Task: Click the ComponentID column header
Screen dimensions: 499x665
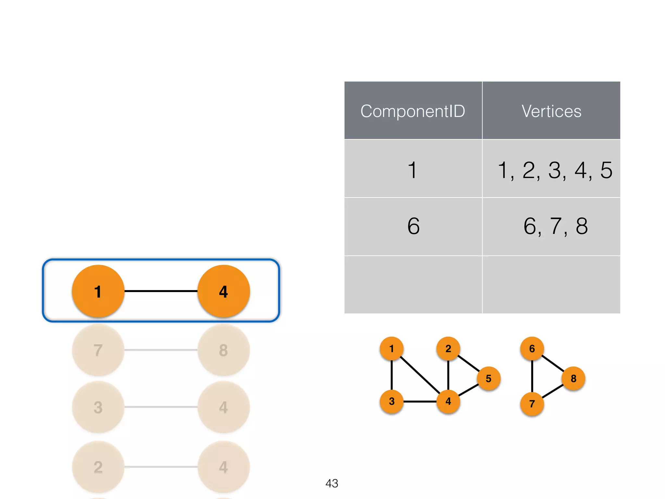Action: pos(413,111)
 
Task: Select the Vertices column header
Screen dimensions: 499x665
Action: pos(551,111)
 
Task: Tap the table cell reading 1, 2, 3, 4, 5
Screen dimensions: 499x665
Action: pos(555,170)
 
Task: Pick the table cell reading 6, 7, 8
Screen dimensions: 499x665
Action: pos(555,226)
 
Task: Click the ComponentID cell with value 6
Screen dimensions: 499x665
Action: pos(413,226)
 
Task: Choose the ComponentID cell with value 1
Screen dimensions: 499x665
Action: pos(412,170)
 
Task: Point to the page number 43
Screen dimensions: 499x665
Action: pos(332,483)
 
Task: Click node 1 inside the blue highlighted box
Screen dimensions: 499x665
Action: pos(98,291)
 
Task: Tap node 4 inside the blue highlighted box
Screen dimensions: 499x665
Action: pos(223,291)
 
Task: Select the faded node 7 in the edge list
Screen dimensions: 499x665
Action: pos(98,350)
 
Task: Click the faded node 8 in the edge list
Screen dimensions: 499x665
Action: pos(223,350)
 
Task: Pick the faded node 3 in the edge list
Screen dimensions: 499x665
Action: pos(98,407)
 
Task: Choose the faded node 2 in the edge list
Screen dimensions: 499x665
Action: pos(98,467)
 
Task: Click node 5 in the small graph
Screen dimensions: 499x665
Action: pos(488,378)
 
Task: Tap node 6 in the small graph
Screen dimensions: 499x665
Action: pos(532,349)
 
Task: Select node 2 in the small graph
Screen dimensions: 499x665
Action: pos(448,349)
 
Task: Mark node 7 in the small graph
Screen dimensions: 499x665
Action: pos(532,404)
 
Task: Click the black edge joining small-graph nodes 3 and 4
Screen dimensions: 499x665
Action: pos(420,402)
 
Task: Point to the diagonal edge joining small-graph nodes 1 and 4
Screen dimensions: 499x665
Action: pos(420,375)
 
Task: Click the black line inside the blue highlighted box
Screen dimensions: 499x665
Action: pos(161,291)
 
